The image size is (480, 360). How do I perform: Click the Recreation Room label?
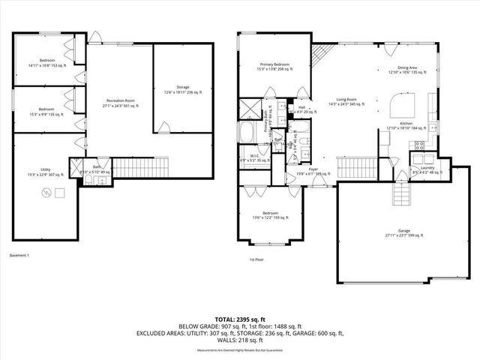(x=120, y=102)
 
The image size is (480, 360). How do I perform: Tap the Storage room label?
(x=182, y=90)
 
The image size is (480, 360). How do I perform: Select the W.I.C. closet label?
(x=253, y=158)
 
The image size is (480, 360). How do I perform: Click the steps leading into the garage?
(x=402, y=196)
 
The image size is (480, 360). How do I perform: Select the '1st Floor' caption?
(x=257, y=260)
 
